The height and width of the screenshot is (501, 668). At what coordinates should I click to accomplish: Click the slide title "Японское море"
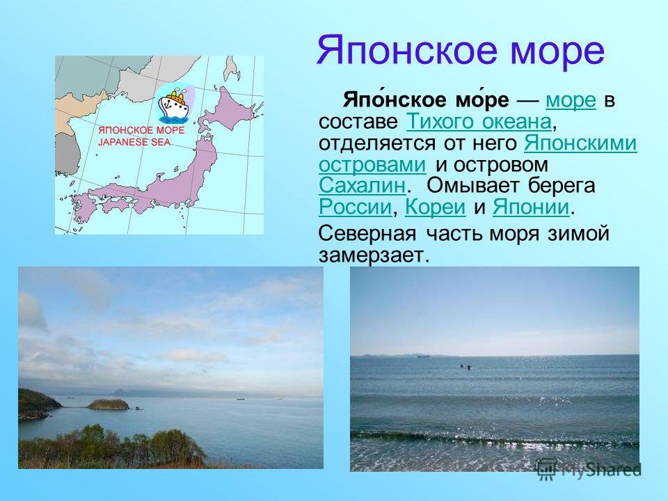coord(460,52)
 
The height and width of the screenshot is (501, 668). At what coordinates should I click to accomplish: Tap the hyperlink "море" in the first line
coord(571,100)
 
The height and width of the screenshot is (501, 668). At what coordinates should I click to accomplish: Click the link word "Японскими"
coord(580,143)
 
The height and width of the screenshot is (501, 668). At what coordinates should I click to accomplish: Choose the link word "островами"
coord(372,164)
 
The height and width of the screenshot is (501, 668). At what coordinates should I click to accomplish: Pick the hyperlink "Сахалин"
coord(362,185)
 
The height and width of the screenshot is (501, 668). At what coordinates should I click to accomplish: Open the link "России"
coord(355,207)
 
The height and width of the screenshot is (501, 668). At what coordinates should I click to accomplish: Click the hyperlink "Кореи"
coord(436,207)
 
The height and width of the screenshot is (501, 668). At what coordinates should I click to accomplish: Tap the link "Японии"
coord(531,207)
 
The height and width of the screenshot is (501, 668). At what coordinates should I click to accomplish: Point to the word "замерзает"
coord(371,255)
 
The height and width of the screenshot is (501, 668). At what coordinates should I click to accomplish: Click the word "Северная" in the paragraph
coord(367,234)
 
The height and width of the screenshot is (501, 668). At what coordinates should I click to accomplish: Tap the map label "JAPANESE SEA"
coord(134,142)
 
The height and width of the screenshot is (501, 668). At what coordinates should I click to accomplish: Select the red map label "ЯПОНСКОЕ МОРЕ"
coord(141,130)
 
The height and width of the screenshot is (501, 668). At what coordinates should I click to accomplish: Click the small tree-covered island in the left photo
coord(109,404)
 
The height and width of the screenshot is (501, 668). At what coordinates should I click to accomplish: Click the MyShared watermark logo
coord(589,470)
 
